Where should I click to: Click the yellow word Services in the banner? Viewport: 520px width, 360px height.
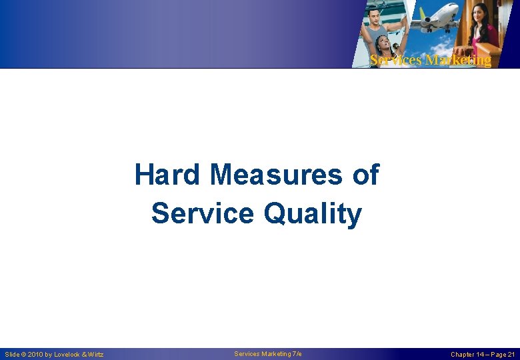coord(396,61)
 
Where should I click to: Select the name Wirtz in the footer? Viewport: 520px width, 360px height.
coord(95,355)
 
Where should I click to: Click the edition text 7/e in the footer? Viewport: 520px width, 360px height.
coord(297,354)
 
